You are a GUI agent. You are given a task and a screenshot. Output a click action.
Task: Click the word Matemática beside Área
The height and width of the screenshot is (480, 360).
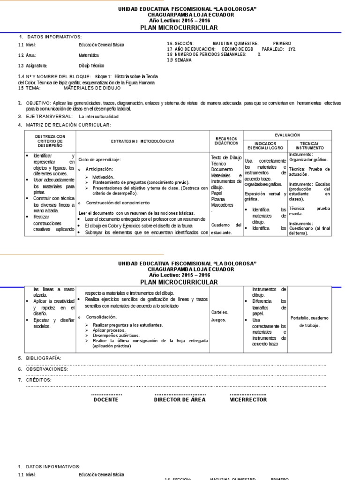point(89,55)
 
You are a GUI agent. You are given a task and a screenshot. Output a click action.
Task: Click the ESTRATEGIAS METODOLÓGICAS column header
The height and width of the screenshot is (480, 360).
point(142,141)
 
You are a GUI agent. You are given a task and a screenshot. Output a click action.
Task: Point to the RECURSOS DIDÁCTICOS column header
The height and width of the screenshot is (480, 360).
point(226,141)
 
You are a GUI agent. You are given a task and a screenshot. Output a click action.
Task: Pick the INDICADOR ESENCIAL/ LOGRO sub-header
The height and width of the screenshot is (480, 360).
point(265,145)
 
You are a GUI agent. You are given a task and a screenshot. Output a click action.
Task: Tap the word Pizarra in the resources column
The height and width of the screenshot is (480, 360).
point(218,199)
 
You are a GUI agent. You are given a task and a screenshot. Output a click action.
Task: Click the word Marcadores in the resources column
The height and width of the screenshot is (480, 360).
point(222,205)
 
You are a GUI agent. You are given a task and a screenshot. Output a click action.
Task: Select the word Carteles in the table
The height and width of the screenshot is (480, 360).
point(219,312)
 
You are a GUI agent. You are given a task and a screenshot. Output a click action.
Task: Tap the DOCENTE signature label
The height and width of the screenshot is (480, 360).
point(106,400)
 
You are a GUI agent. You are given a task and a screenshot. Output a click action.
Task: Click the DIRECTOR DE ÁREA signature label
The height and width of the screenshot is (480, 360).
point(180,400)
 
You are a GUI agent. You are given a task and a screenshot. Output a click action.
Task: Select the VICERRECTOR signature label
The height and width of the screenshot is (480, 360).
point(248,400)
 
